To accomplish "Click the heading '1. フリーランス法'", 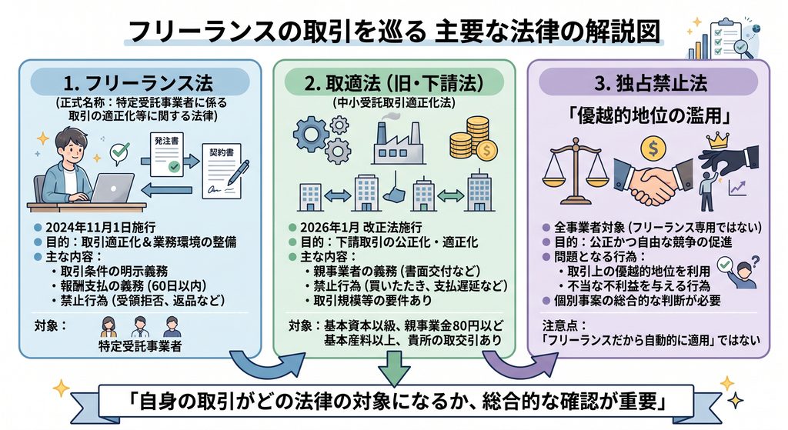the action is tap(139, 83).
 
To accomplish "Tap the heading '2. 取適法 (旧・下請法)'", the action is tap(394, 83).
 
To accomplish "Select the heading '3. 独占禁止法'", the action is tap(651, 83).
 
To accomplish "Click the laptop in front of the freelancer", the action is tap(112, 188).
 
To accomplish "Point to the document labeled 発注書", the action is tap(167, 154).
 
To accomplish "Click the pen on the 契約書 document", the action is tap(238, 172).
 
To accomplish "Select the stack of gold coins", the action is tap(473, 138).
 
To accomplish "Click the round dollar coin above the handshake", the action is tap(653, 148).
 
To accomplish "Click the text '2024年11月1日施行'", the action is tap(100, 228).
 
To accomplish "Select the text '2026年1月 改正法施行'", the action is tap(361, 228).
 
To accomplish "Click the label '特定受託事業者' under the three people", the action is tap(140, 346).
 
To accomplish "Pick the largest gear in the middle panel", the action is tap(311, 134).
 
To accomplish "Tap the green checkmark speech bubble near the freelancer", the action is tap(120, 152).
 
